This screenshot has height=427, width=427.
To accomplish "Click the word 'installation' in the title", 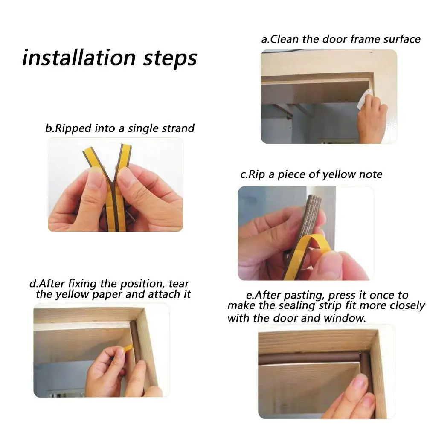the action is click(x=78, y=58).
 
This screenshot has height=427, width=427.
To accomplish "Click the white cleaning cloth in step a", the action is click(x=364, y=99).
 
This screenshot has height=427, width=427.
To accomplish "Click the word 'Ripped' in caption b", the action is click(x=73, y=128).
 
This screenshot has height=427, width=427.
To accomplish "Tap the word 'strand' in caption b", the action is click(x=178, y=128).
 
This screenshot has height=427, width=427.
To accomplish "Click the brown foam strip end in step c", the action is click(x=314, y=200).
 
